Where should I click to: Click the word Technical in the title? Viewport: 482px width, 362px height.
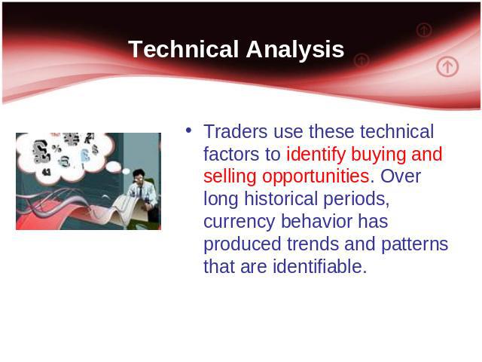(184, 49)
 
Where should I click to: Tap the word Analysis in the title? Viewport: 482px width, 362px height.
(295, 50)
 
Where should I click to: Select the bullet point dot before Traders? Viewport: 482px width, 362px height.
(188, 130)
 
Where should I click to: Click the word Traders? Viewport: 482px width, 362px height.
(236, 131)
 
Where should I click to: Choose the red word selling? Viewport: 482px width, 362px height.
(230, 177)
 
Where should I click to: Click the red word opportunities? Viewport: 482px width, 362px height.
(316, 177)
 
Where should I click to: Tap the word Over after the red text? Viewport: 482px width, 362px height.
(401, 176)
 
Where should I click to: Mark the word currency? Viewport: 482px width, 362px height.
(239, 222)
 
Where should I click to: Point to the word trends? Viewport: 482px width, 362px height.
(313, 244)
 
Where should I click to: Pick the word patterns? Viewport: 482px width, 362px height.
(415, 244)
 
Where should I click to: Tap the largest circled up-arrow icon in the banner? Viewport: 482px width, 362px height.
(447, 66)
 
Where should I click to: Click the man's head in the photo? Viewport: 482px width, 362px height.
(139, 176)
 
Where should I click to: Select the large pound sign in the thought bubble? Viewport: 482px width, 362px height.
(41, 152)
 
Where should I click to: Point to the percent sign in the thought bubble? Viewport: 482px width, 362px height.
(56, 149)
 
